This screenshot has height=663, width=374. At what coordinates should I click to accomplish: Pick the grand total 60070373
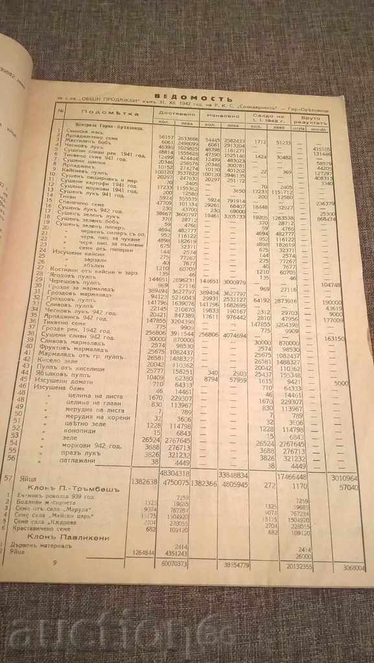pyautogui.click(x=172, y=563)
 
